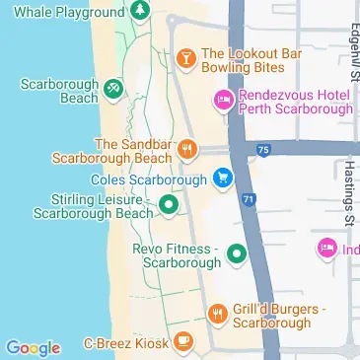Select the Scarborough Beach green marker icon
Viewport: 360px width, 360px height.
coord(114,90)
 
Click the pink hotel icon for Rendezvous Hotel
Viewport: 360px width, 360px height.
coord(223,100)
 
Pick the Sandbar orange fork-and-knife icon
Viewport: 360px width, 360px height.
coord(184,151)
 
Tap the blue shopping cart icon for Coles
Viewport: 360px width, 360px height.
coord(223,179)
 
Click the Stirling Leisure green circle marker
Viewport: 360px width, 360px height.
coord(169,205)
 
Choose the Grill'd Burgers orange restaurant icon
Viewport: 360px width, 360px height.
coord(217,315)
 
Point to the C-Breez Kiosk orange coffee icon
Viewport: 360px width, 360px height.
coord(183,342)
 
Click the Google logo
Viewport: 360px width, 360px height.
coord(33,347)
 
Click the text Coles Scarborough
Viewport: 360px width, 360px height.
coord(148,180)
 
